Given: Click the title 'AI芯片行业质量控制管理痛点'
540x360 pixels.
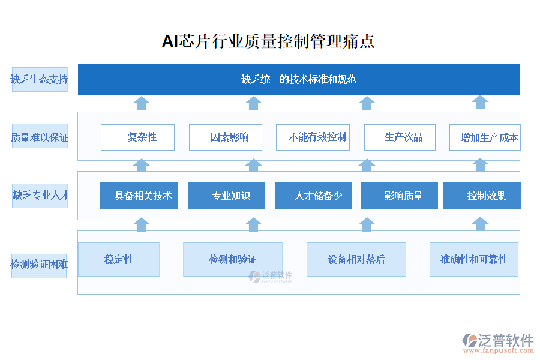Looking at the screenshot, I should pos(268,41).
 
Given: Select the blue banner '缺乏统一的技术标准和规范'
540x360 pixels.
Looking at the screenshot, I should pos(299,79).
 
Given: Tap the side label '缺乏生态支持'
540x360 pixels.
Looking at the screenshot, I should pos(40,79).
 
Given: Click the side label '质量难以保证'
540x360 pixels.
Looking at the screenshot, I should pos(40,137).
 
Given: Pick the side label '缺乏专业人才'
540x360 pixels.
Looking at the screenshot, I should pos(40,196).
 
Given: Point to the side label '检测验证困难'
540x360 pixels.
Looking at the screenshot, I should pos(40,265).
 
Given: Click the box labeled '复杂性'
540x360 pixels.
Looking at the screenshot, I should pos(137,137).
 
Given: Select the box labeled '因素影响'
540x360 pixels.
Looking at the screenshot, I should pos(227,137).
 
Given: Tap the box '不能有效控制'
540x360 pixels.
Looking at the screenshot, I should pos(313,137).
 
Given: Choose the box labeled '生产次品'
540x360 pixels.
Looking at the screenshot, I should pos(400,137).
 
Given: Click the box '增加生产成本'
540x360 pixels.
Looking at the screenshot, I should pos(485,137).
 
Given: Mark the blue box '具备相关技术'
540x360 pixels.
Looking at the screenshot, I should pos(139,196).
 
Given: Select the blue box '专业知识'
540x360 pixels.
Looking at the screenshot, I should pos(226,196).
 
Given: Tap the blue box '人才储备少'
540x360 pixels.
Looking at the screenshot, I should pos(313,196).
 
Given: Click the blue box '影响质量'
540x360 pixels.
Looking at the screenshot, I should pos(399,196).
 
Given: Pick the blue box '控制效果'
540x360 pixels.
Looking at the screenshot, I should pos(482,196).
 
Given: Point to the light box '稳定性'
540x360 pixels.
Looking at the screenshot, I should pos(119,259).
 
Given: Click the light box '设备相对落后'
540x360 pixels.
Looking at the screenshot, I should pos(356,259).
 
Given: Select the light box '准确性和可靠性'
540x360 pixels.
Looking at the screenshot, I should pos(474,259).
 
